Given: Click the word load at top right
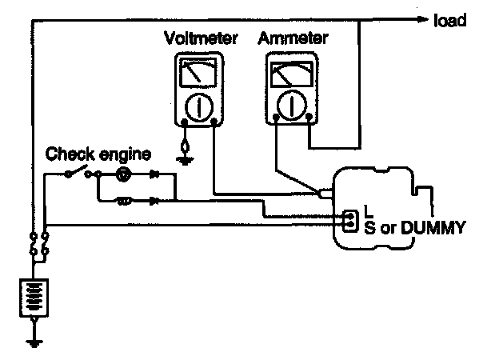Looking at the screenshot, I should click(449, 21).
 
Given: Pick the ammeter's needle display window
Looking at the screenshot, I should click(291, 77).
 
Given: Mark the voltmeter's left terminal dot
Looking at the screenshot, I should click(185, 123).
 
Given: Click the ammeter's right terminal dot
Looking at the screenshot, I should click(308, 121).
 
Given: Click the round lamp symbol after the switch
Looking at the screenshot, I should click(122, 174).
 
